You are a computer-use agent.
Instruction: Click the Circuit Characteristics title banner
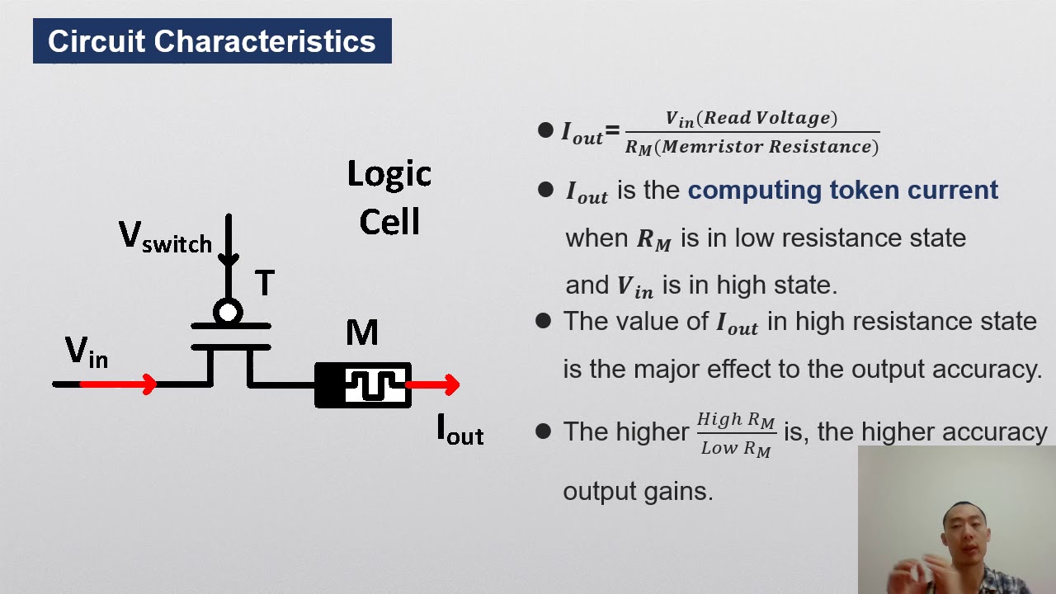(x=212, y=41)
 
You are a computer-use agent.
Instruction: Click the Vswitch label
(x=165, y=238)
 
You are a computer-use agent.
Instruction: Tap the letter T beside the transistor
(x=264, y=284)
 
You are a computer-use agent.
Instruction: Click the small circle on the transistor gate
(x=228, y=313)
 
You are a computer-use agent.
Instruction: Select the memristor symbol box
(x=363, y=385)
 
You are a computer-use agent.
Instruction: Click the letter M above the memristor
(x=362, y=332)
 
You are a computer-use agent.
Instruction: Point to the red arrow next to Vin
(x=119, y=384)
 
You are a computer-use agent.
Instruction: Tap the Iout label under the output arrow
(x=460, y=430)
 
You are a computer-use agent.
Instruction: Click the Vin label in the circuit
(x=86, y=352)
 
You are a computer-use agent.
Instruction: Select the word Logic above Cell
(x=389, y=175)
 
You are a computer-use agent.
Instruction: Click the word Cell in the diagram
(x=389, y=222)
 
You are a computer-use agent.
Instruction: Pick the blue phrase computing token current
(x=842, y=190)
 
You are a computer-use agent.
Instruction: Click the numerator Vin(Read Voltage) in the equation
(x=751, y=119)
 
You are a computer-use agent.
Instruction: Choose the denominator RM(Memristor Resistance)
(x=752, y=147)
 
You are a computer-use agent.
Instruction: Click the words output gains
(x=637, y=491)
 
